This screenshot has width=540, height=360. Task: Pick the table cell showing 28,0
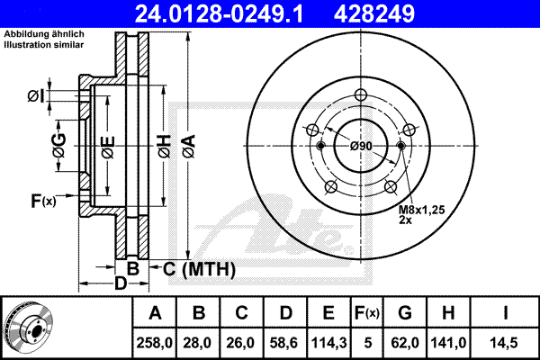199,343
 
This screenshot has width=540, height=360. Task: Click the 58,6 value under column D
285,343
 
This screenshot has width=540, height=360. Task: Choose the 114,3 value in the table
328,343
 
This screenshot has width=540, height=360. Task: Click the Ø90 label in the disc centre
361,147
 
